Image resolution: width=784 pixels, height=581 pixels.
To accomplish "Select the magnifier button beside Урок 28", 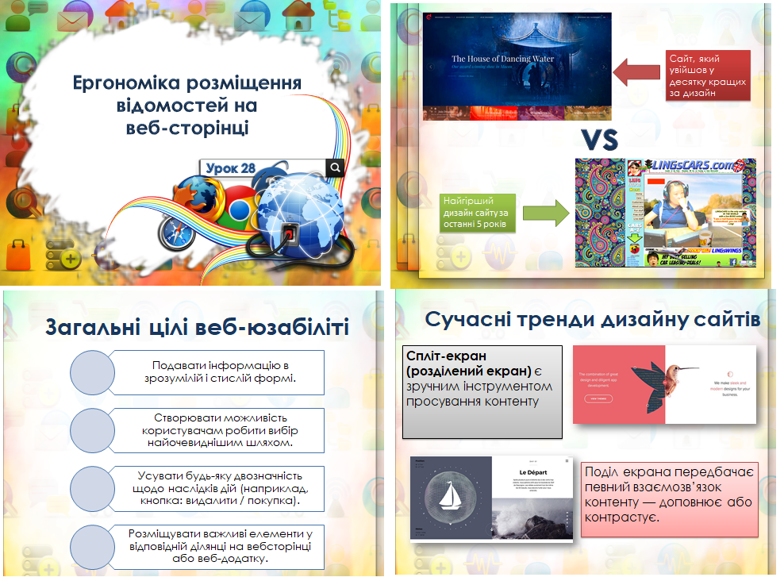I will coord(336,167).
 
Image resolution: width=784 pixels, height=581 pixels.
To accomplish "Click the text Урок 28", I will coord(230,168).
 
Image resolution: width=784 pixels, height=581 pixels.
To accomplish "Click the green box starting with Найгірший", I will coord(476,213).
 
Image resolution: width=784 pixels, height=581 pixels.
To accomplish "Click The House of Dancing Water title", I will coord(502,59).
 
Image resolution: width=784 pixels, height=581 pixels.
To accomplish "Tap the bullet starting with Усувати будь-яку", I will coord(220,488).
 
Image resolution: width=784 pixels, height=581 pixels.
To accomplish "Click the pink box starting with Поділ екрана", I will coord(670,494).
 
